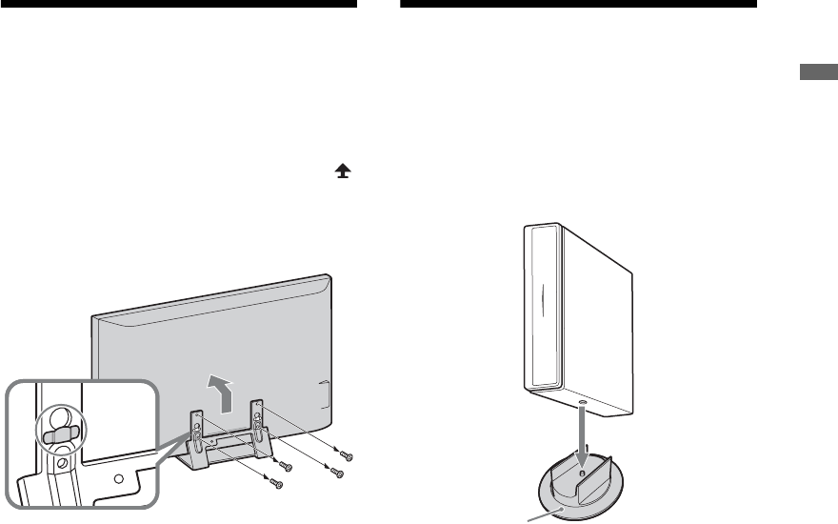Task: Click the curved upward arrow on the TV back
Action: pyautogui.click(x=220, y=393)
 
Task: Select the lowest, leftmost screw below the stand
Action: pyautogui.click(x=277, y=484)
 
